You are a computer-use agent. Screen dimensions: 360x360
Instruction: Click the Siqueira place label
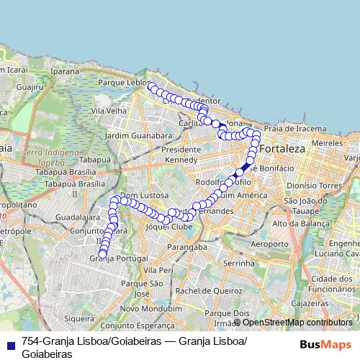point(79,318)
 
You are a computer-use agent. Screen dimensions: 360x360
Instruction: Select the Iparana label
point(66,71)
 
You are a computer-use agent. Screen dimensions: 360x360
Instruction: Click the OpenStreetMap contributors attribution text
point(297,322)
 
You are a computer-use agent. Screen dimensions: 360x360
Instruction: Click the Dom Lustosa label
point(144,195)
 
